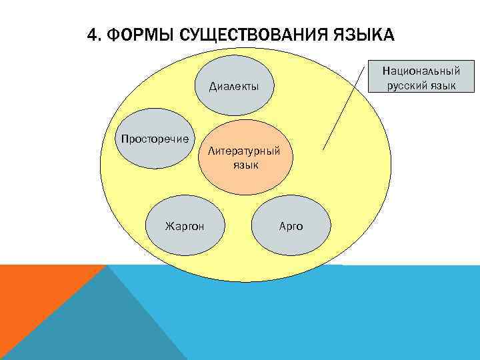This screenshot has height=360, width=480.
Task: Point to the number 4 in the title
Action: [x=93, y=34]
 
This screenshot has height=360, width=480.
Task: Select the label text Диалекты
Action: [x=234, y=87]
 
